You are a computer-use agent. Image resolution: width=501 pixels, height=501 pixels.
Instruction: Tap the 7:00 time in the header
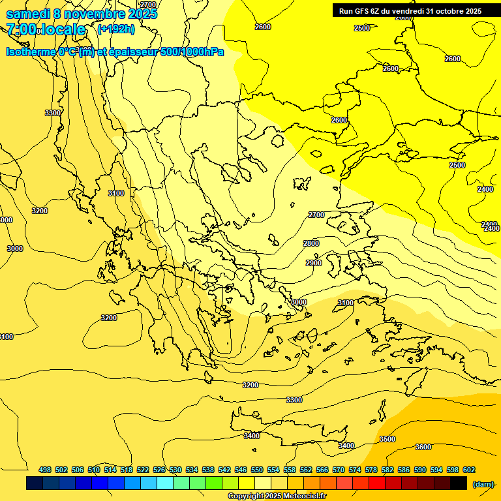point(21,29)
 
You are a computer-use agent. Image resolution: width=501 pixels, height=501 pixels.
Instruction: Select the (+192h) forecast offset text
point(115,29)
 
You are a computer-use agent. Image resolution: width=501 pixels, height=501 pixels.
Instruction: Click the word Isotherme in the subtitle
point(30,52)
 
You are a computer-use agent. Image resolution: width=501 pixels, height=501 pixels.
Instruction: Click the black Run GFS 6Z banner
point(410,10)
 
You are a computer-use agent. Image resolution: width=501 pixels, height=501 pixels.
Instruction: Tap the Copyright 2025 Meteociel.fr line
point(277,496)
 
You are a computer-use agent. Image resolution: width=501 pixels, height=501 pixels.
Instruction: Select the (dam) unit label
point(483,483)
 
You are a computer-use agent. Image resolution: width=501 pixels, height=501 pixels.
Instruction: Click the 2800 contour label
point(311,243)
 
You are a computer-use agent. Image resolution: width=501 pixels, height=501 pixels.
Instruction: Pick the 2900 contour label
point(314,263)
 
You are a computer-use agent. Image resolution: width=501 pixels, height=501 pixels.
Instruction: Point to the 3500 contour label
point(387,439)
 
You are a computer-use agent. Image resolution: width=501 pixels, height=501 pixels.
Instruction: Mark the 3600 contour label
point(423,447)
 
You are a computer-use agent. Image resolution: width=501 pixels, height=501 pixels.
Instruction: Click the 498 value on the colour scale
point(45,470)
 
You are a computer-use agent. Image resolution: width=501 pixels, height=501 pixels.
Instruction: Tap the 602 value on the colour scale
point(469,470)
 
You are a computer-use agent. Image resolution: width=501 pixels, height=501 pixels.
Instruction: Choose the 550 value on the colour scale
point(257,470)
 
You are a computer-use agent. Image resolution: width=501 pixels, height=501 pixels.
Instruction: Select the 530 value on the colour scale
point(175,470)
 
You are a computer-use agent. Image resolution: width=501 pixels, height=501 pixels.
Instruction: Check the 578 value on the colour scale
point(371,470)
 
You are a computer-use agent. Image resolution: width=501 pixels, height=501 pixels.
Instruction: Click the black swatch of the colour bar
point(459,483)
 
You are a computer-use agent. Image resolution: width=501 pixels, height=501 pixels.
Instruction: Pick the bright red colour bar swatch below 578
point(377,483)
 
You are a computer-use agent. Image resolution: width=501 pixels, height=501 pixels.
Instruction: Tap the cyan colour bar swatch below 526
point(165,483)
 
